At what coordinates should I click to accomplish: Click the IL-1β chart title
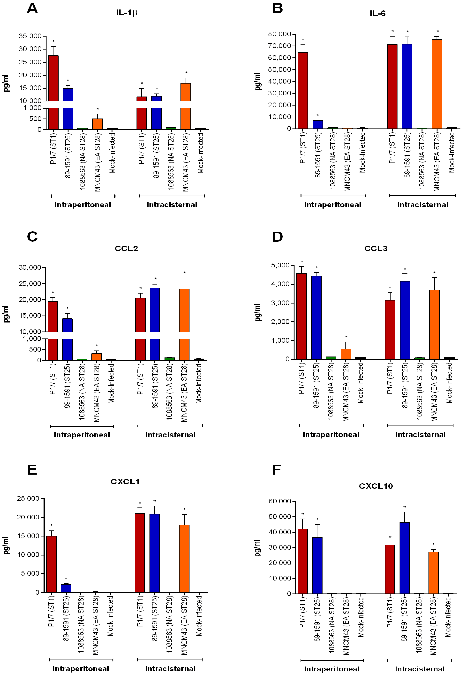click(127, 13)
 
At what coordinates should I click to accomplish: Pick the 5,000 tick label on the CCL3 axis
click(280, 265)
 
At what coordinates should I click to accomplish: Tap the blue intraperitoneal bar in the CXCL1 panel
click(66, 588)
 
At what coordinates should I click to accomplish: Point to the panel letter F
click(276, 470)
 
